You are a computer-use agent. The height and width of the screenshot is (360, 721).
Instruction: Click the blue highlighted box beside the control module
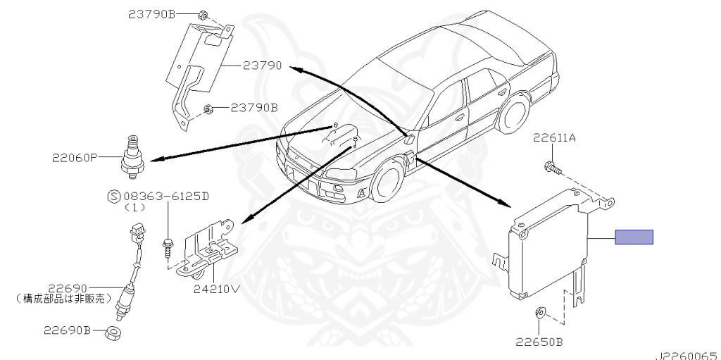click(x=634, y=237)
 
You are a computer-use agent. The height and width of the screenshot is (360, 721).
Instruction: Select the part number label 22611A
click(x=553, y=138)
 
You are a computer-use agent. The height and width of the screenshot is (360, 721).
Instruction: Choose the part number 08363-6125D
click(x=165, y=196)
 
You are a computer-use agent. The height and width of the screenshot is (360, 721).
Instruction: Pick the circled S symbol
click(x=111, y=196)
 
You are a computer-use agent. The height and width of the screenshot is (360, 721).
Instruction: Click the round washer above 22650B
click(x=540, y=313)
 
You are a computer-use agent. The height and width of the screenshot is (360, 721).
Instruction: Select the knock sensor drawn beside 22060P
click(x=131, y=149)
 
